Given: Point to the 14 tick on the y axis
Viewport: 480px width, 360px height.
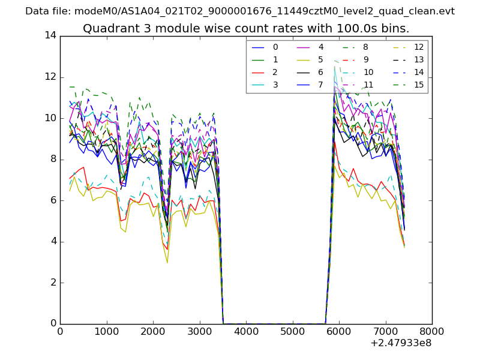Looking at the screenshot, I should pyautogui.click(x=50, y=35).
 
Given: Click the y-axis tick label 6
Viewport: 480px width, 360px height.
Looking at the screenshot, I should pyautogui.click(x=53, y=200).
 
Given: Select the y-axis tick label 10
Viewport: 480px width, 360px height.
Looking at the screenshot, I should pyautogui.click(x=50, y=118).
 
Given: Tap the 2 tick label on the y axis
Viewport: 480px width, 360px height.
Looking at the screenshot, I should pyautogui.click(x=53, y=282).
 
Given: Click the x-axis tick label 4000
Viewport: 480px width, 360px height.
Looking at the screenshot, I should pyautogui.click(x=246, y=331).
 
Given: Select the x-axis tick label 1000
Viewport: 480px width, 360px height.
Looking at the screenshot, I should pyautogui.click(x=106, y=331).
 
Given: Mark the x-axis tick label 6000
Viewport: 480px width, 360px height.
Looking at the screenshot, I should pyautogui.click(x=339, y=331).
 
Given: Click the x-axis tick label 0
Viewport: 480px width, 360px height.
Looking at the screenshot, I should pyautogui.click(x=60, y=331).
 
